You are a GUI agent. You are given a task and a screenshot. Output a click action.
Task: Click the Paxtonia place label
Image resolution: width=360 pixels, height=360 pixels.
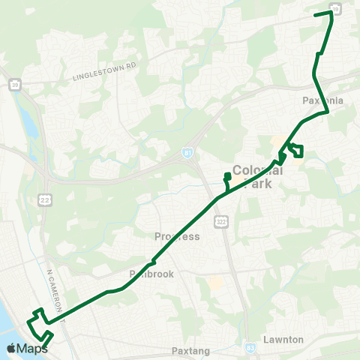(x=322, y=99)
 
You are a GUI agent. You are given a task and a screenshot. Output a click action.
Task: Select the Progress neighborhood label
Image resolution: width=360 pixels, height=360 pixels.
(x=177, y=237)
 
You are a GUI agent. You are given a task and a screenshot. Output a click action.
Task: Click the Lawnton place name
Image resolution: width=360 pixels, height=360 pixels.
(x=283, y=340)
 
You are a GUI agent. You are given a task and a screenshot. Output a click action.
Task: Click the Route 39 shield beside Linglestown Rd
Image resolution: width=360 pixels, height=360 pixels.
(x=16, y=85)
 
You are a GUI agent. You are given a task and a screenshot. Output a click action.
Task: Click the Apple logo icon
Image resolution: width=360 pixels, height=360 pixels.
(x=11, y=347)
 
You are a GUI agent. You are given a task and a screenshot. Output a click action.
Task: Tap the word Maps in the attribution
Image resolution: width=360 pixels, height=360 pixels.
(x=32, y=348)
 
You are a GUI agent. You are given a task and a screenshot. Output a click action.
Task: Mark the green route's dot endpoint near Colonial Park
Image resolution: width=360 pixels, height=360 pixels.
(x=226, y=175)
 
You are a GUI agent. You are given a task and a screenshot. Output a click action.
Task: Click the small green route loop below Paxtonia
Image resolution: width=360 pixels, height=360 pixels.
(x=295, y=151)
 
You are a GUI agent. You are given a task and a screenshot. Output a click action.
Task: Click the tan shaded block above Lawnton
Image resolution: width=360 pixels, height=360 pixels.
(x=215, y=284)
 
